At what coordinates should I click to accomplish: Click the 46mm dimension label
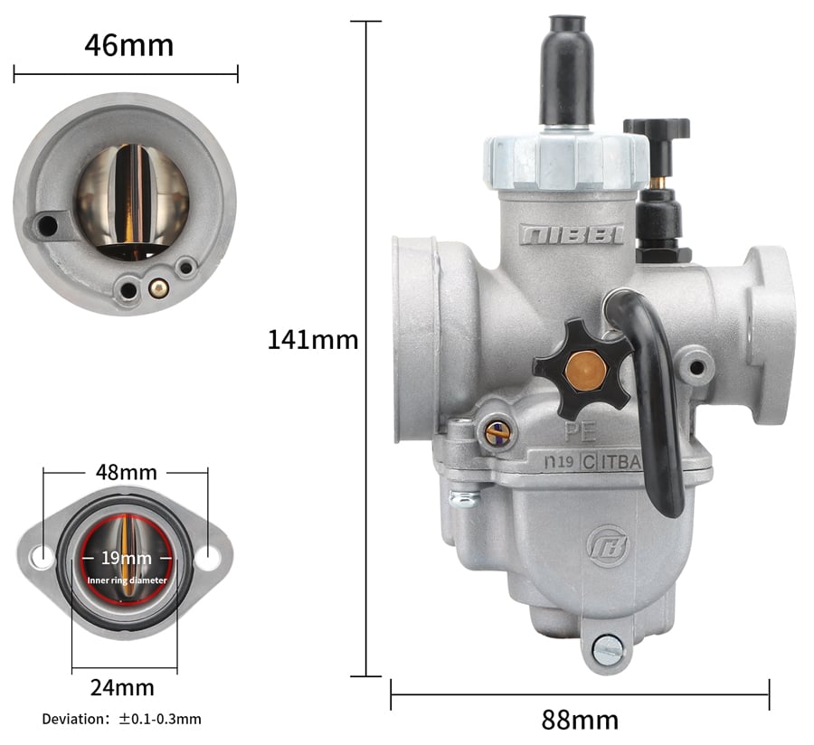click(128, 45)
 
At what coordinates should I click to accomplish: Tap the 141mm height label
click(313, 340)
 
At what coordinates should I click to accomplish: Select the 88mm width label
click(580, 720)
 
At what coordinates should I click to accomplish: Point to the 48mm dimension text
click(126, 472)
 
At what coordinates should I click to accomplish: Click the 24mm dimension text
click(122, 688)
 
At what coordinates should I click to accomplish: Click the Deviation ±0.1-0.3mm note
click(121, 719)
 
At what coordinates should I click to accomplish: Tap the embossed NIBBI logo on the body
click(572, 234)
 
